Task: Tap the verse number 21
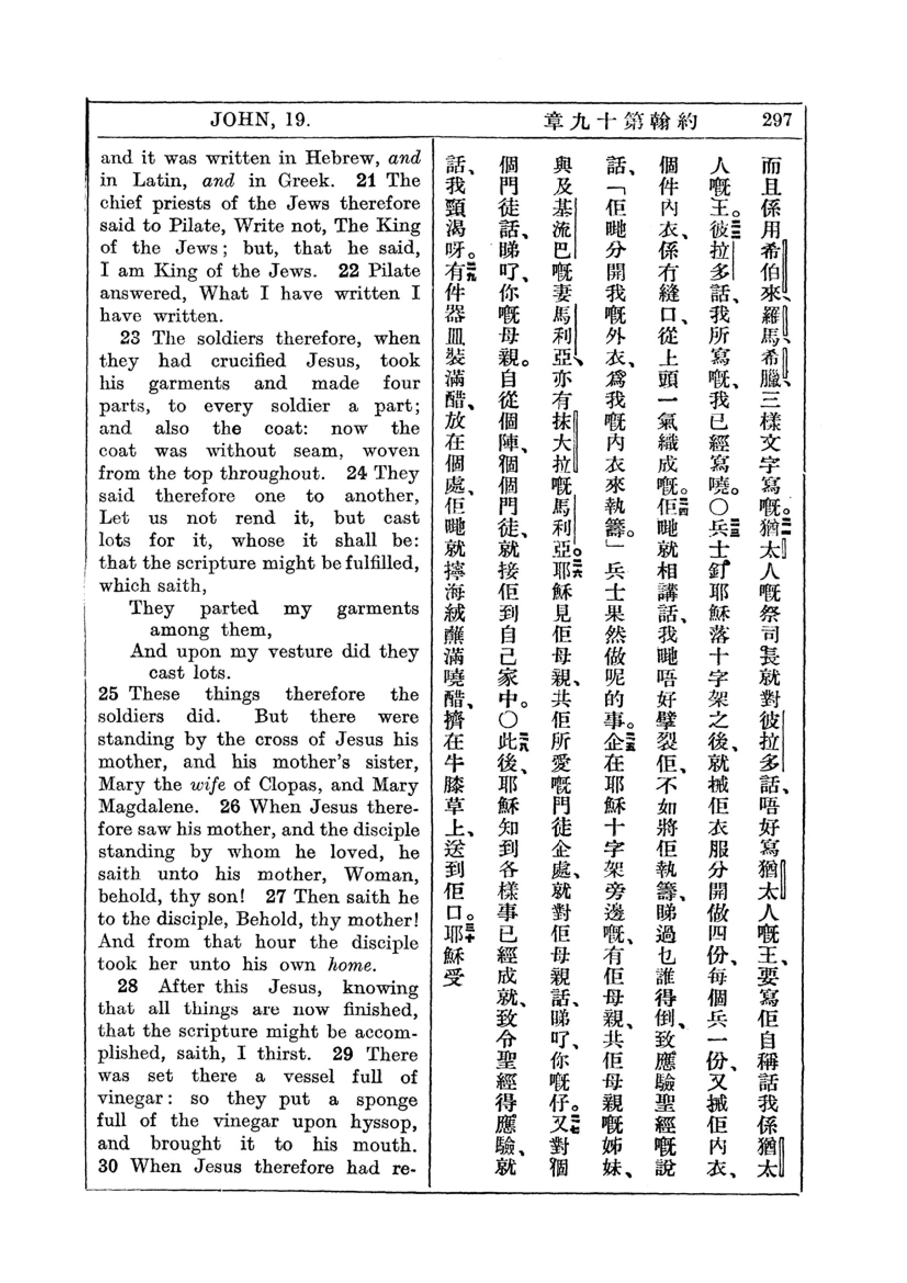(365, 180)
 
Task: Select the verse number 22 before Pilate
(349, 271)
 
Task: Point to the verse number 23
(130, 338)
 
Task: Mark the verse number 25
(109, 694)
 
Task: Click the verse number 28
(128, 986)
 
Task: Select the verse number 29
(342, 1054)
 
